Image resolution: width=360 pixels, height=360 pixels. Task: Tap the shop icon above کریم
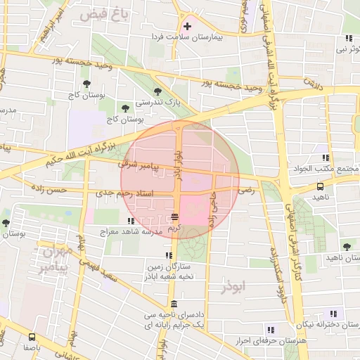pos(174,217)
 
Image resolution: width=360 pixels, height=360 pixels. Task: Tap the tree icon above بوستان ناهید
pos(347,247)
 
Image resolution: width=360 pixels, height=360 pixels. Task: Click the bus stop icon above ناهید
pos(321,187)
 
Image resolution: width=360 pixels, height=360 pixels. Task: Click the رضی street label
pos(246,190)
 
